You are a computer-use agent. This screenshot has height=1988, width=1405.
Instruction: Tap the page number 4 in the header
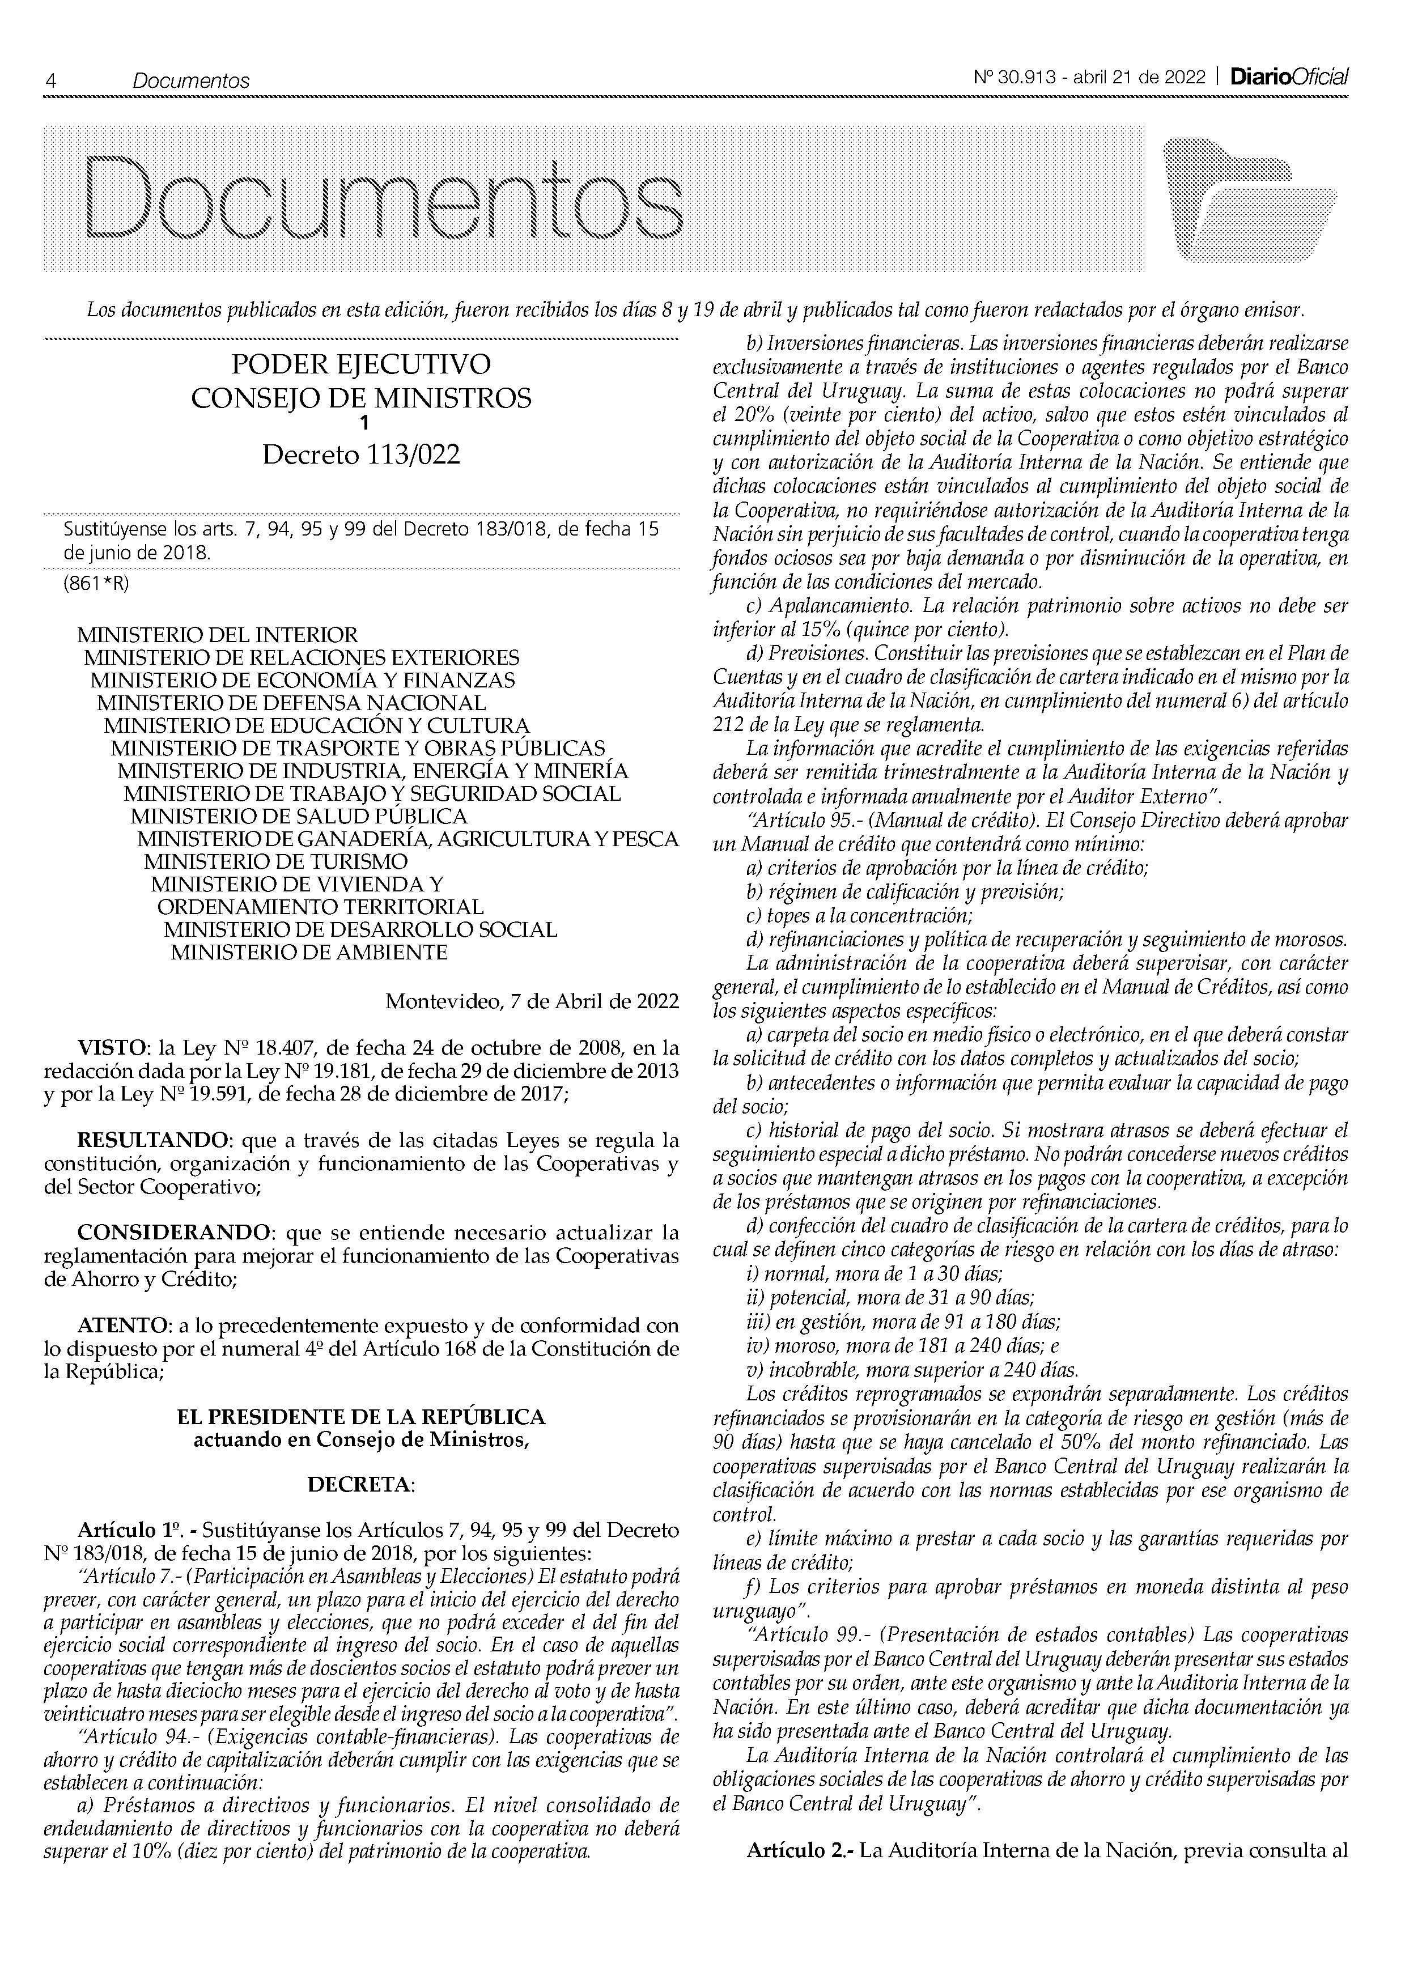tap(51, 80)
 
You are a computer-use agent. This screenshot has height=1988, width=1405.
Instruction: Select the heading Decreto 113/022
tap(361, 454)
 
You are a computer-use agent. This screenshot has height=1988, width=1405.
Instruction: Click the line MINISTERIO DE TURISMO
tap(275, 861)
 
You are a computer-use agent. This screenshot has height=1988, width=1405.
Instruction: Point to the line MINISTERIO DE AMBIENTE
tap(309, 953)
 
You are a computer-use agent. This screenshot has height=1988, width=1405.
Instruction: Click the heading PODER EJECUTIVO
tap(361, 364)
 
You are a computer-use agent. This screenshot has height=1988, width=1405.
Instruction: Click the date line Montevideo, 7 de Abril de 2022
tap(532, 1002)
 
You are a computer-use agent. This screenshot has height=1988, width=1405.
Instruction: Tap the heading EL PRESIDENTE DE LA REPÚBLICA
tap(361, 1417)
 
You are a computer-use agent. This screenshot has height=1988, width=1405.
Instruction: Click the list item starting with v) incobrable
tap(911, 1370)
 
